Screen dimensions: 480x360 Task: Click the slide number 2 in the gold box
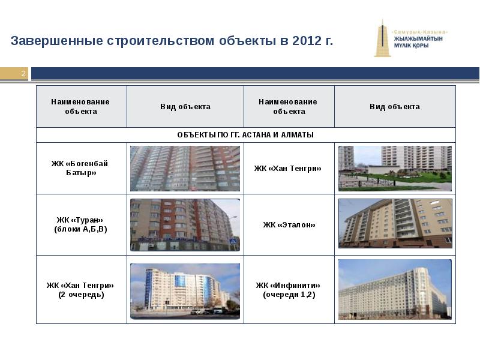pyautogui.click(x=23, y=73)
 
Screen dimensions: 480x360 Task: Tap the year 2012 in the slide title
pyautogui.click(x=307, y=40)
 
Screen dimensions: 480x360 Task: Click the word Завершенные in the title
pyautogui.click(x=56, y=41)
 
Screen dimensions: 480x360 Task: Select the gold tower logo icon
pyautogui.click(x=382, y=38)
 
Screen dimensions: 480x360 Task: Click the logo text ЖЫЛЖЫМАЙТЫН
pyautogui.click(x=418, y=39)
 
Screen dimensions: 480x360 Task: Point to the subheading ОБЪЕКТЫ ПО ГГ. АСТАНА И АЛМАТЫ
pyautogui.click(x=245, y=134)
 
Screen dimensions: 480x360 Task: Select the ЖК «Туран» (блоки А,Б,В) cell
pyautogui.click(x=80, y=224)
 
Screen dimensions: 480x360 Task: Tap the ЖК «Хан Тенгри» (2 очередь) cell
pyautogui.click(x=80, y=290)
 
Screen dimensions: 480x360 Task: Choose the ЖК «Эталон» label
pyautogui.click(x=289, y=224)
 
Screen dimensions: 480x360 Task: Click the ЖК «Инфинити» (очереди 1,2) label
pyautogui.click(x=289, y=290)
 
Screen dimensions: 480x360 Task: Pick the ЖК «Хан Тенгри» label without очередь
pyautogui.click(x=288, y=169)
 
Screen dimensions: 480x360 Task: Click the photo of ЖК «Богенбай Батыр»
pyautogui.click(x=185, y=169)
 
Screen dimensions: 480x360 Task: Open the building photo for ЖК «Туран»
pyautogui.click(x=185, y=225)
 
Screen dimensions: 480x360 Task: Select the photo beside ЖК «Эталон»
pyautogui.click(x=395, y=223)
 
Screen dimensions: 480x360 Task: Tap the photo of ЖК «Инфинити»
pyautogui.click(x=395, y=290)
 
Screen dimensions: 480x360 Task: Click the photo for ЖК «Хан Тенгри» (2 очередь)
pyautogui.click(x=185, y=292)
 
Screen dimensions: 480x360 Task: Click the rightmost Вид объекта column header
pyautogui.click(x=395, y=107)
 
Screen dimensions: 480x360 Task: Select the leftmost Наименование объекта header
pyautogui.click(x=80, y=107)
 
